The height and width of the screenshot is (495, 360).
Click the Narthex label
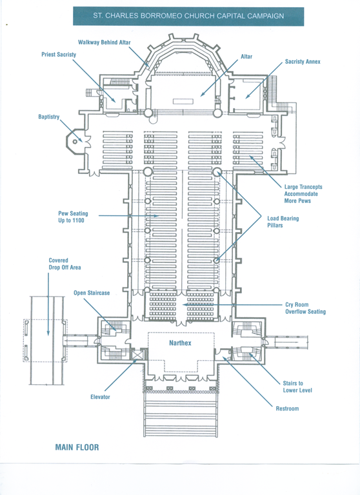(x=180, y=343)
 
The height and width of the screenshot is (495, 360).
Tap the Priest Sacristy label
(x=59, y=54)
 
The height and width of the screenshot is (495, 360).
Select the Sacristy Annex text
(x=303, y=62)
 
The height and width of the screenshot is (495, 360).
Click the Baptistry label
(x=48, y=117)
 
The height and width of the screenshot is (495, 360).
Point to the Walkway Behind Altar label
(x=105, y=43)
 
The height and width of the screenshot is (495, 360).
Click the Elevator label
(x=100, y=397)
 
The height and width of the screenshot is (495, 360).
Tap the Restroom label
(x=287, y=409)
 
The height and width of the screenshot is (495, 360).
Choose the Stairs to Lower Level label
(x=297, y=387)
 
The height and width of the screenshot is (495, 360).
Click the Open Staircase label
(x=92, y=293)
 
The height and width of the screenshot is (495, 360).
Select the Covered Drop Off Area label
(x=65, y=264)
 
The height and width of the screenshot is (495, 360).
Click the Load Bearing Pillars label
(x=283, y=222)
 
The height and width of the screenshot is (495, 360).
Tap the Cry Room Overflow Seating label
(x=305, y=308)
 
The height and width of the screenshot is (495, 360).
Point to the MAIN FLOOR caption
(x=77, y=447)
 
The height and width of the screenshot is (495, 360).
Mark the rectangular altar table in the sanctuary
(x=183, y=101)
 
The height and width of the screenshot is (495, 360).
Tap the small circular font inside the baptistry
(x=75, y=141)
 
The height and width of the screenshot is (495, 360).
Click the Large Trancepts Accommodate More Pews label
(x=303, y=194)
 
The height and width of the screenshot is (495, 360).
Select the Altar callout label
(x=246, y=57)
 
